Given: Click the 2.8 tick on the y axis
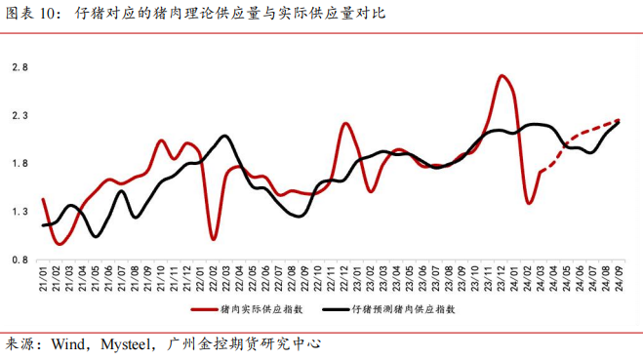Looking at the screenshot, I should click(20, 67).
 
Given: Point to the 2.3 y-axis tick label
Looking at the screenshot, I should click(20, 115).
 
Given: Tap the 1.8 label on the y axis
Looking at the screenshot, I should click(20, 163).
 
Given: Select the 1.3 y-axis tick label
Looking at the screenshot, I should click(20, 212).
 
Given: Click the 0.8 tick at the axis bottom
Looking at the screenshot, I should click(20, 260).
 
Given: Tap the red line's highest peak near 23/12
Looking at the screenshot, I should click(502, 76).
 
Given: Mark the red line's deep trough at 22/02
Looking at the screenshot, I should click(214, 238).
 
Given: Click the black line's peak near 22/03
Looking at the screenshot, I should click(224, 137).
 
